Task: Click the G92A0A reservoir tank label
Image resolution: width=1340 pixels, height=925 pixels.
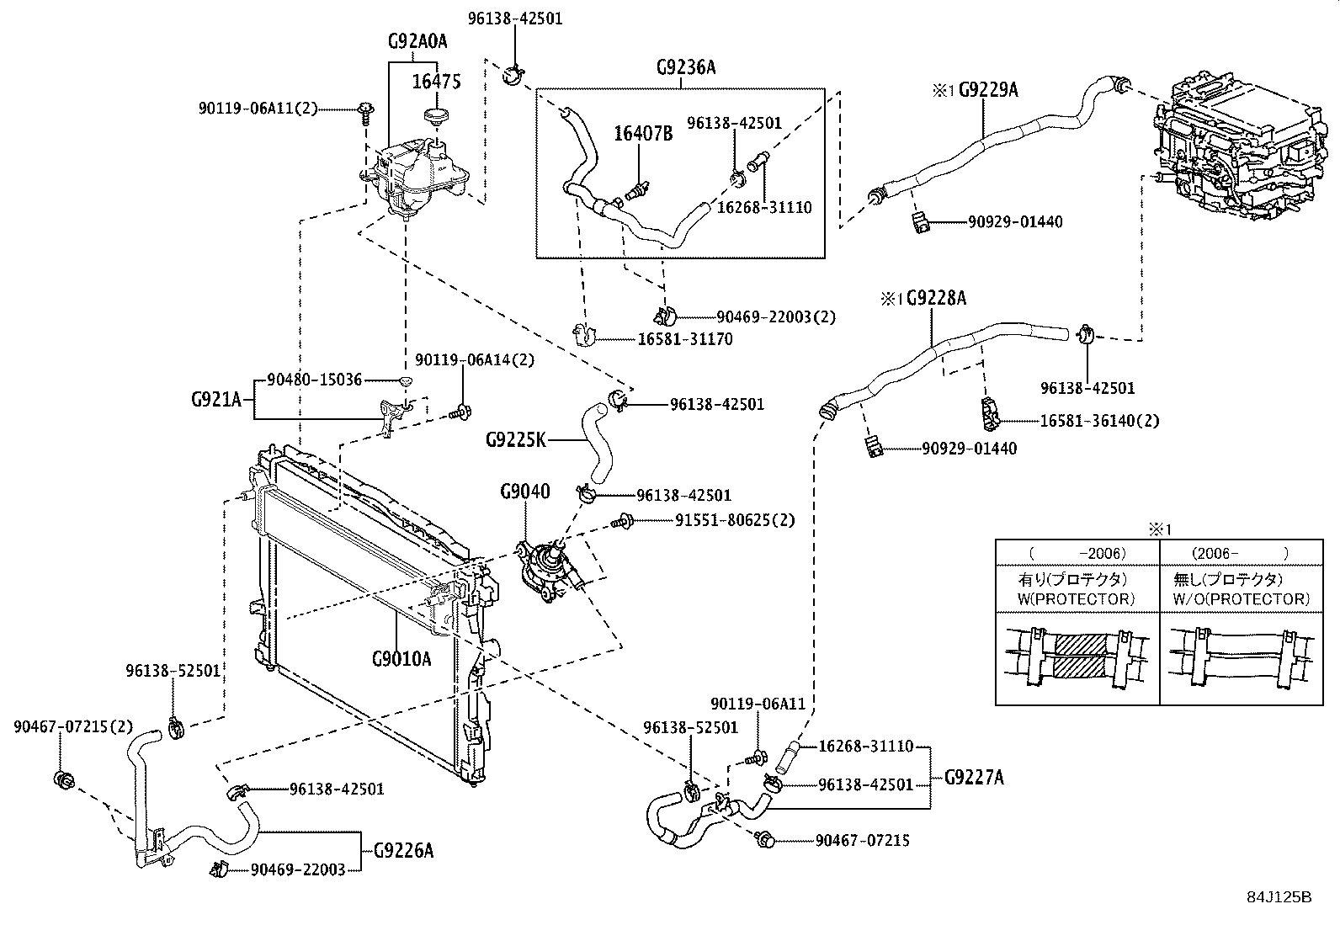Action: (x=417, y=41)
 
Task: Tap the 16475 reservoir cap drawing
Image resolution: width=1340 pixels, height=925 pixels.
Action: (x=437, y=115)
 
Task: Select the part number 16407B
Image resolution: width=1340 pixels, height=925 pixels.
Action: (x=643, y=133)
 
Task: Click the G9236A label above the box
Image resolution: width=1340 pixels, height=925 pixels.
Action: (x=686, y=67)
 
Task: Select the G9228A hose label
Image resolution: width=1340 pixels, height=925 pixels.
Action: (x=935, y=298)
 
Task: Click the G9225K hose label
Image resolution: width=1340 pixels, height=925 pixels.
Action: (x=515, y=439)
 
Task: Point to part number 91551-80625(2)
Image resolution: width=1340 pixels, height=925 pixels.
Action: (x=734, y=520)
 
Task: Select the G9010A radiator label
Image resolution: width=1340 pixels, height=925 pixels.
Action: (x=401, y=658)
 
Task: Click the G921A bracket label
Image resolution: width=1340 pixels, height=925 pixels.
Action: (x=216, y=400)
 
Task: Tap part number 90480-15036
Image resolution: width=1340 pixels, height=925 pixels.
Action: (x=314, y=380)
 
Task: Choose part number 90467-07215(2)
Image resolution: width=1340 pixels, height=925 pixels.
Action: (x=73, y=726)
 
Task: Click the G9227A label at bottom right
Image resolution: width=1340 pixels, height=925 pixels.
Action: (x=975, y=777)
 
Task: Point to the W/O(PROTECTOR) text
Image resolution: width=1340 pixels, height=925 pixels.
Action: (x=1242, y=599)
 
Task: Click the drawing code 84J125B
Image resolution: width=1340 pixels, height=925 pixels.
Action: (x=1279, y=896)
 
